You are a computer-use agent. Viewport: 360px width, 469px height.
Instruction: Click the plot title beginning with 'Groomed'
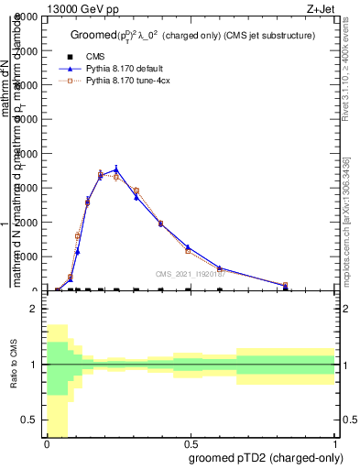point(193,35)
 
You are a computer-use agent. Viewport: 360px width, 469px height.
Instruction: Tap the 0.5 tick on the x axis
point(191,442)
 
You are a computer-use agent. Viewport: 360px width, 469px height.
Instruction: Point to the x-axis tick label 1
point(334,442)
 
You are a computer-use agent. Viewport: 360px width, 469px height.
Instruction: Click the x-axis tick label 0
point(47,442)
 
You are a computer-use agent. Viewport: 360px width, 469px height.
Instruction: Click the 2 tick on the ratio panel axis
point(34,309)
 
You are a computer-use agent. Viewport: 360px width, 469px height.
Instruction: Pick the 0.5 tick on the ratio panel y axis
point(29,420)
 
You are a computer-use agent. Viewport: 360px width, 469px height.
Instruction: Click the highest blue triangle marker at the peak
point(116,169)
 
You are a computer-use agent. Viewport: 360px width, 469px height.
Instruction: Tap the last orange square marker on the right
point(286,285)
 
